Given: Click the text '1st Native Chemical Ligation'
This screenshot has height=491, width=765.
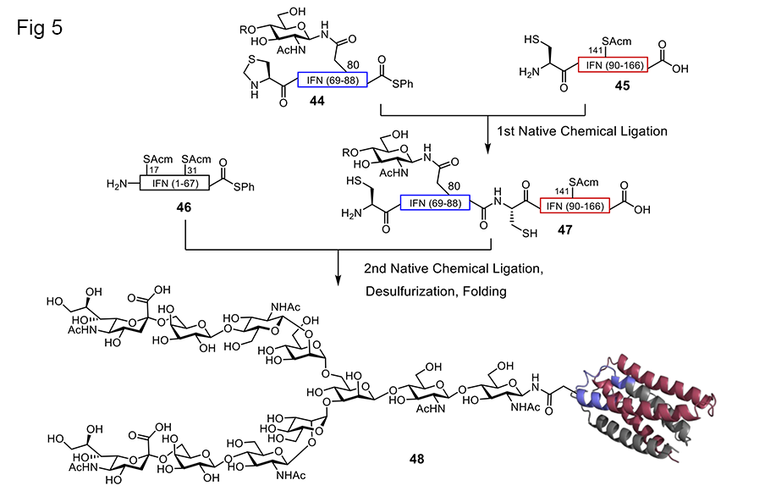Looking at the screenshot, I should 577,131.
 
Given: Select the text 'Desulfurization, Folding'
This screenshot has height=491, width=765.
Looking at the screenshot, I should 438,292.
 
